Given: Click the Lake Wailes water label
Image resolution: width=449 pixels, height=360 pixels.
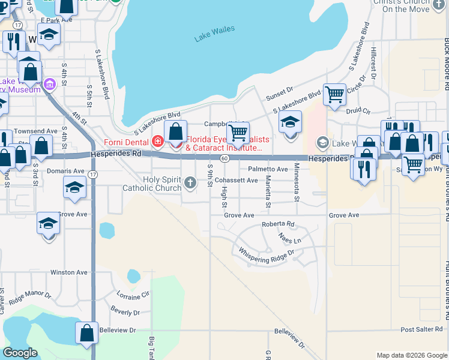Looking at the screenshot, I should pos(214,34).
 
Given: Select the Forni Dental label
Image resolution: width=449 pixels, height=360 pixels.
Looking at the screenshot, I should pos(125,142).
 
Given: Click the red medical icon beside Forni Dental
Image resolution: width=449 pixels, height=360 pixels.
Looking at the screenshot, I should pos(157,142).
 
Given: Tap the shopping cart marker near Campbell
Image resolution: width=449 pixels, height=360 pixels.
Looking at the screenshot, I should pos(238,133).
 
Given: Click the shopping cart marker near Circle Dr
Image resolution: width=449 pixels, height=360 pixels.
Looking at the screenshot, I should pos(334,94).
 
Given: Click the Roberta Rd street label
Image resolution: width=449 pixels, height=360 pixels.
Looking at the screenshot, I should pos(278,224).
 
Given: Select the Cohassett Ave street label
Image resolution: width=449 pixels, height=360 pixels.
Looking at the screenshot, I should pos(236,180).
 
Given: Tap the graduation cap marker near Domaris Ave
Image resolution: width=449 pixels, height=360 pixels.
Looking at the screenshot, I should pos(74,188).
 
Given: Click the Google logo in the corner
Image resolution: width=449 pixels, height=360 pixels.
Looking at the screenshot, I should pos(20,353).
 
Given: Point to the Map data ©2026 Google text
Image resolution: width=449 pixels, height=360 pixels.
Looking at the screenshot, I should pos(411,355).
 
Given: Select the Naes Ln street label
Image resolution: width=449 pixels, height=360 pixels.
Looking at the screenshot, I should pos(289,239).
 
